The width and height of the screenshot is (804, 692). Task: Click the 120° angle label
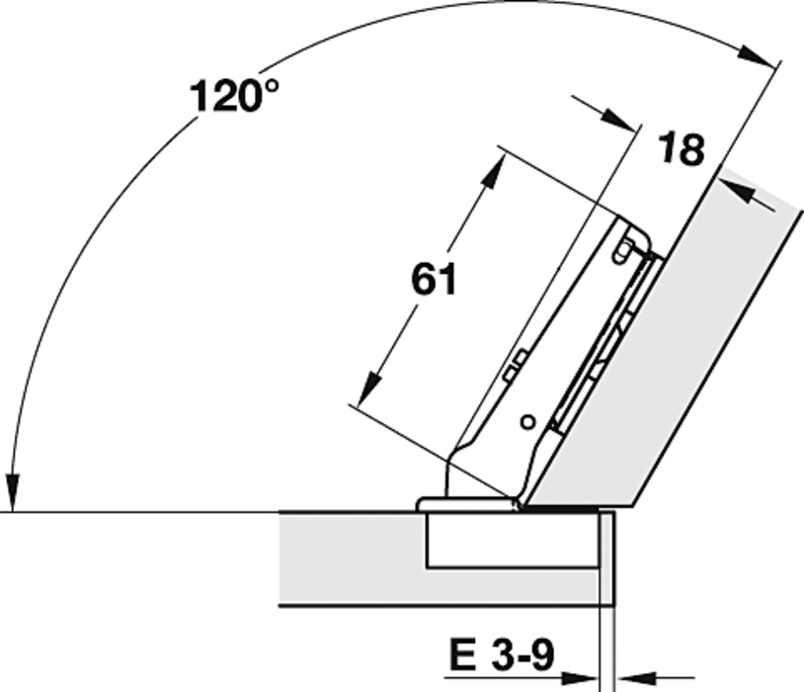point(234,95)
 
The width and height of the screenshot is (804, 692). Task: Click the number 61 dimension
point(434,280)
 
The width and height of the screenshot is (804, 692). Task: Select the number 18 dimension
point(681,149)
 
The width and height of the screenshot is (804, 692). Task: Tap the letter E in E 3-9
point(462,654)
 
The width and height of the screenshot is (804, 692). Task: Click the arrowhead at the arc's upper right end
point(756,56)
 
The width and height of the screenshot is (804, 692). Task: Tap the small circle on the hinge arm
point(527,422)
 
